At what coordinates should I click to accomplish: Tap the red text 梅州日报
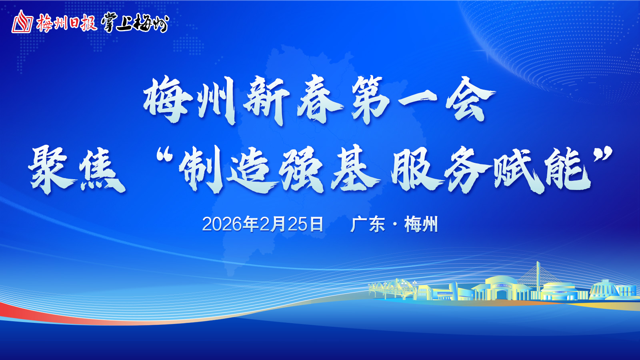[x=67, y=22]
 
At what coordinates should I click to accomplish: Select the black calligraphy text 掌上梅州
[x=135, y=22]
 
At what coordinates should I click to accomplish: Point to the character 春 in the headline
[x=320, y=100]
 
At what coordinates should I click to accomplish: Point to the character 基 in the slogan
[x=356, y=170]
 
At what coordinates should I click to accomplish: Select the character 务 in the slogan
[x=467, y=170]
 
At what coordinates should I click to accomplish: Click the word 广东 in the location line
[x=368, y=224]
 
